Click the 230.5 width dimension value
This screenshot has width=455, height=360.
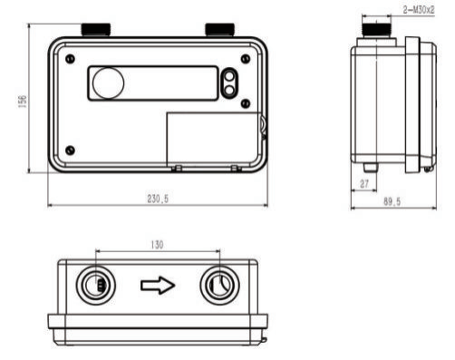click(x=158, y=199)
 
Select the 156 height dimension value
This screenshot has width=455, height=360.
click(x=23, y=101)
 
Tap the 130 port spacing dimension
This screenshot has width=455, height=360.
click(x=157, y=245)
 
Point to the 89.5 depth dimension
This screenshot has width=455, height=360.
click(x=392, y=201)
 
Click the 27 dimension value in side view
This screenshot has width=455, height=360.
click(x=364, y=183)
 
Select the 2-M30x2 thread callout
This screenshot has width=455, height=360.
click(x=419, y=10)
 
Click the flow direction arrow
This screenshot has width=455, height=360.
click(x=158, y=286)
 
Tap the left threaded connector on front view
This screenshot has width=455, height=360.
click(x=96, y=29)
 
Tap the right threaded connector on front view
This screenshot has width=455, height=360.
click(x=219, y=29)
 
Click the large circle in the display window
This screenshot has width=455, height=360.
click(x=108, y=83)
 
